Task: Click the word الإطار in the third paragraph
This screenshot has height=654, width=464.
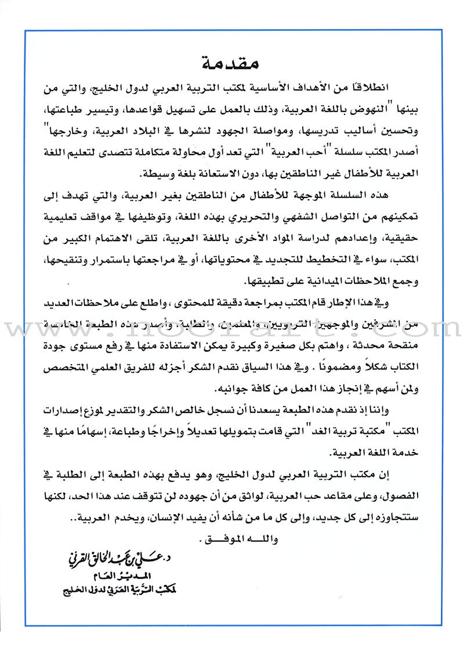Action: tap(384, 302)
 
